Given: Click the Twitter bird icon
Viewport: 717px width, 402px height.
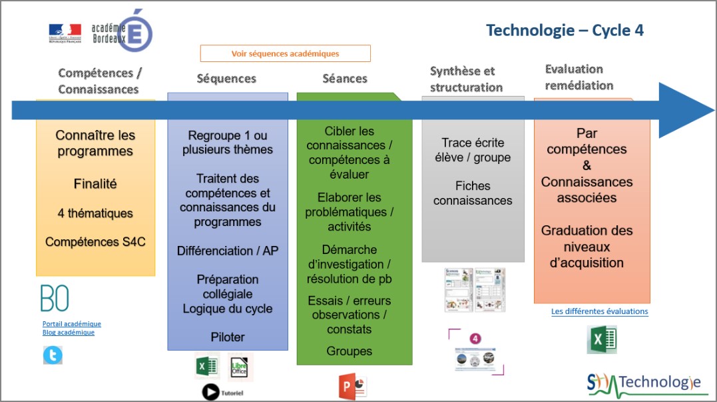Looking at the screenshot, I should click(53, 356).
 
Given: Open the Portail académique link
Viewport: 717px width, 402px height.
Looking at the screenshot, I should click(72, 324).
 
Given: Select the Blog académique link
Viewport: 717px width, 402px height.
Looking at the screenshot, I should click(69, 333).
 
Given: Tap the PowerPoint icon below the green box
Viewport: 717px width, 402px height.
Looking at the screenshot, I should click(353, 387).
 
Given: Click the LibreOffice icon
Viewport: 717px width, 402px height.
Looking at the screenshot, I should click(240, 367).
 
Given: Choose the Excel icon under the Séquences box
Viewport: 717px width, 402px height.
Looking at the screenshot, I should click(207, 367).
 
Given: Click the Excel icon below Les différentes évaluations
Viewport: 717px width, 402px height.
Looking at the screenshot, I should click(600, 339).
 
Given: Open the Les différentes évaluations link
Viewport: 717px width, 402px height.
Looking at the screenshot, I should click(599, 311).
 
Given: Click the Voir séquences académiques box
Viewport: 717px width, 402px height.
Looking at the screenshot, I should click(285, 53).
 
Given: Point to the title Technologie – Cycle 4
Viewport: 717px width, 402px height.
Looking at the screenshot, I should click(565, 30).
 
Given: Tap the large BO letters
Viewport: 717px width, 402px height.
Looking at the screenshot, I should click(55, 299).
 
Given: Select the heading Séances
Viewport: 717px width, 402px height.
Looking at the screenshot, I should click(345, 79).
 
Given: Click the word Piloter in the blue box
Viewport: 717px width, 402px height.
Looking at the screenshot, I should click(228, 337).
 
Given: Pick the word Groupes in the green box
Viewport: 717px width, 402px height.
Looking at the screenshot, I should click(350, 351).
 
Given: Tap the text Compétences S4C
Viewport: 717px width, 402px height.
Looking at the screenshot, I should click(95, 242).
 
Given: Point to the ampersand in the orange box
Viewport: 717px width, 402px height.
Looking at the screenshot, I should click(587, 165).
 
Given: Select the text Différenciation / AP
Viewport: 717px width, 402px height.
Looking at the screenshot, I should click(228, 251).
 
